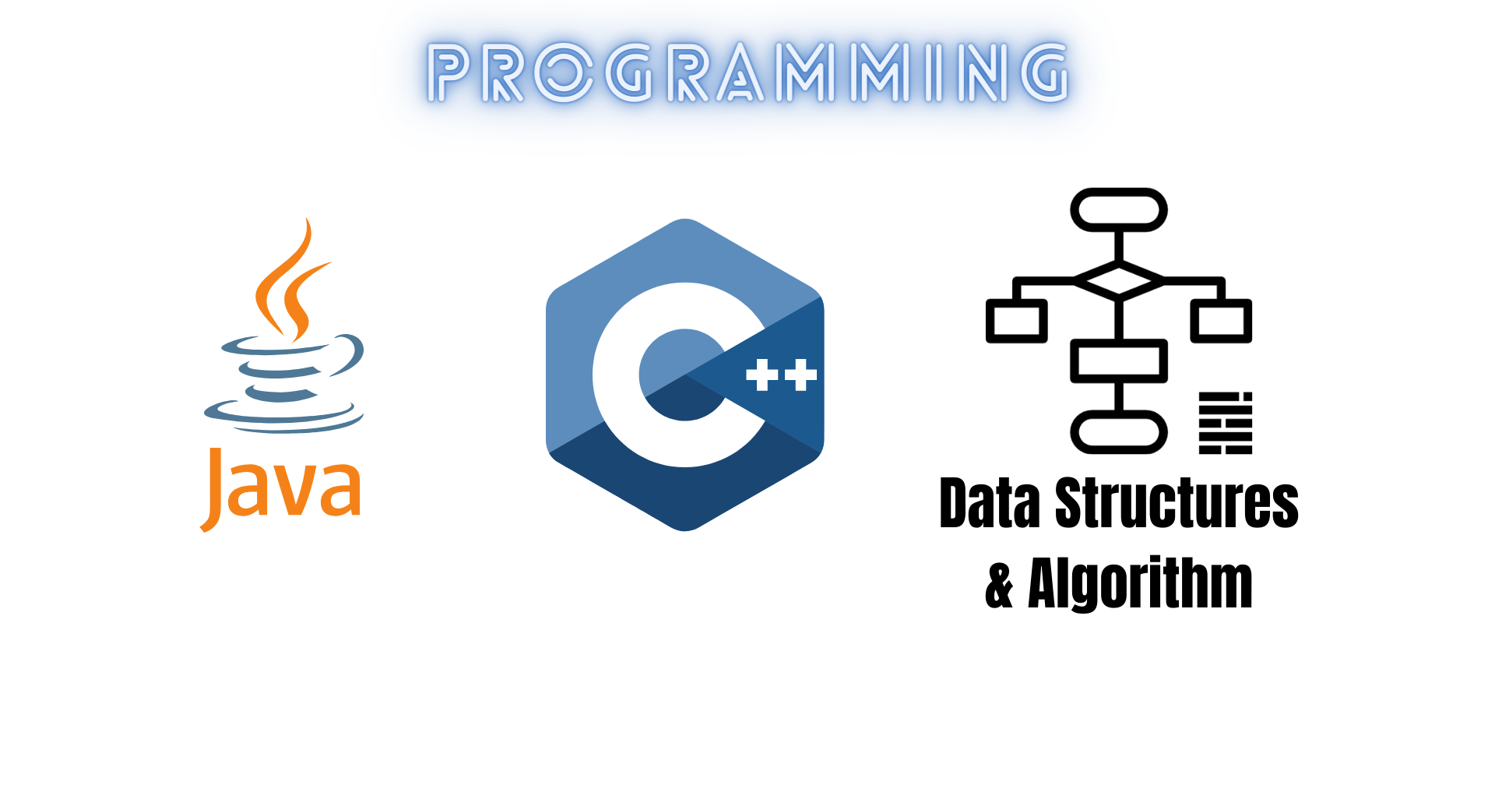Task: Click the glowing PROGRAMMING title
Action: (x=747, y=72)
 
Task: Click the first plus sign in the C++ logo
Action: (x=762, y=375)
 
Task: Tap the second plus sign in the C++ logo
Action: (x=800, y=375)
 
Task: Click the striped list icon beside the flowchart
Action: (x=1226, y=423)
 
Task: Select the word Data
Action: (x=990, y=502)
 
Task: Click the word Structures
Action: (x=1177, y=502)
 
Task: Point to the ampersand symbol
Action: (x=999, y=585)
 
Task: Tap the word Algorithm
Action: (x=1140, y=584)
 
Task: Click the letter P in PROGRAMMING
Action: (x=451, y=72)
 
